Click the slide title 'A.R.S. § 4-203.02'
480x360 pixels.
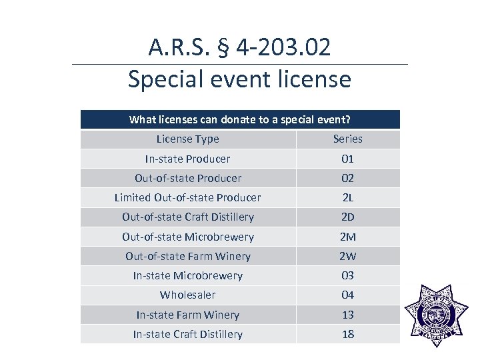[239, 47]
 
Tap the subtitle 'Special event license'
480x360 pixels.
[239, 79]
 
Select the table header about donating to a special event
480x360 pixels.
[240, 119]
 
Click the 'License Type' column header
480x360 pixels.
[187, 139]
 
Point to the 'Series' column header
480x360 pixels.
[347, 139]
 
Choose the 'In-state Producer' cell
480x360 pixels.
[187, 159]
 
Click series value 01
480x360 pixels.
[347, 159]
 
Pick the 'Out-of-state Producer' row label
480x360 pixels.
[187, 178]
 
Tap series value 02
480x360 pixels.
[347, 178]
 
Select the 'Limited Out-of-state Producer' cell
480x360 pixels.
[187, 197]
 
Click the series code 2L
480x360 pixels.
[347, 197]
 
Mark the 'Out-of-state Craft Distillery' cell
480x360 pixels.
[187, 217]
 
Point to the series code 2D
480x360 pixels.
[347, 217]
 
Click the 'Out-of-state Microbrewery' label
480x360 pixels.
[187, 237]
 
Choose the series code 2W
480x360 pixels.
[347, 256]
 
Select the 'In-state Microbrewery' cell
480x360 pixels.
[187, 275]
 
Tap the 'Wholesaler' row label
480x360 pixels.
[187, 295]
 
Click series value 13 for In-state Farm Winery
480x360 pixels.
[347, 315]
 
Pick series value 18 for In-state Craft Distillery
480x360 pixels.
[347, 334]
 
